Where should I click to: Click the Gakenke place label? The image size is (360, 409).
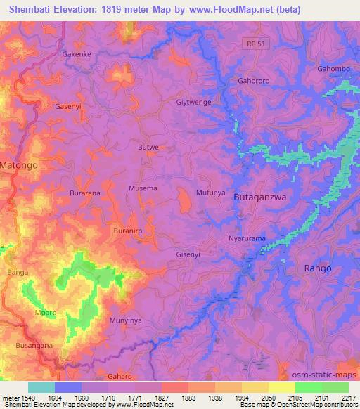point(77,53)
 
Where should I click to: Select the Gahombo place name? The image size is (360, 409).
point(333,68)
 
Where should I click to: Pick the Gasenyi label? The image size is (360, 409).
point(69,107)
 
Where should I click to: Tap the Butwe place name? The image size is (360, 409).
point(148,148)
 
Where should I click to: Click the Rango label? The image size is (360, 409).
point(317,268)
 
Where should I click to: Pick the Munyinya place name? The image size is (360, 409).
point(126,320)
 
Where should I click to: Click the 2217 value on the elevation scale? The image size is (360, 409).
point(348,398)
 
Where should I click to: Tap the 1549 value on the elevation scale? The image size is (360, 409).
point(27,398)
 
